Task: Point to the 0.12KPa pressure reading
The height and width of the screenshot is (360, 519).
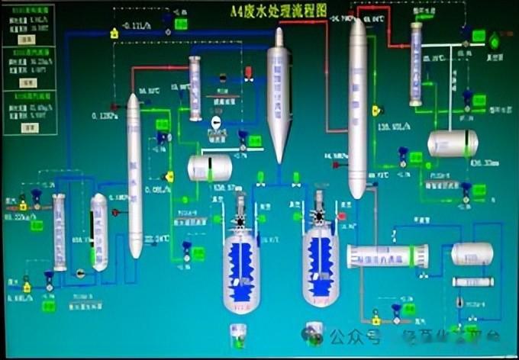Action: point(104,117)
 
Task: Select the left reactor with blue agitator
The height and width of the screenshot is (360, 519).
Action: point(241,263)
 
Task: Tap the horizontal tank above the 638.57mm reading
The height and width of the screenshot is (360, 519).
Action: point(210,166)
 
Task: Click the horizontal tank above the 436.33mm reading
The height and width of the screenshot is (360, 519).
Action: point(453,143)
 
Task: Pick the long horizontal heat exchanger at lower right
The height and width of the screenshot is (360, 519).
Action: point(387,256)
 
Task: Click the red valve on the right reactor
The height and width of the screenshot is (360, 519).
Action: point(340,216)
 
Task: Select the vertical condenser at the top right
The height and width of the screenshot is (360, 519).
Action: point(415,64)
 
